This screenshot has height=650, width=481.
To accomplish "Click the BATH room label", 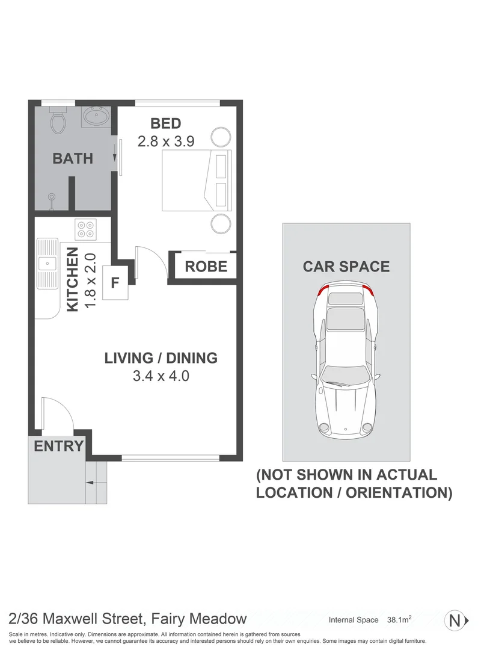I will point(73,159).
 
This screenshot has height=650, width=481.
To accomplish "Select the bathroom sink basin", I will point(94,116).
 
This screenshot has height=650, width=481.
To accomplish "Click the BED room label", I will point(166,124).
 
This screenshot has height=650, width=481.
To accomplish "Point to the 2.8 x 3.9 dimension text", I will point(166,142).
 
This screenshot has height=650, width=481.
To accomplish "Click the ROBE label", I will point(206,266).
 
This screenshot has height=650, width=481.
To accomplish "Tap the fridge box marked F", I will point(115,282).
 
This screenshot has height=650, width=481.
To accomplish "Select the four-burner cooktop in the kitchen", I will point(85,229).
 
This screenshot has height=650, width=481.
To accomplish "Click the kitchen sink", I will point(46,263).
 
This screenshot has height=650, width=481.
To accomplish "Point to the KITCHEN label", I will point(72,279).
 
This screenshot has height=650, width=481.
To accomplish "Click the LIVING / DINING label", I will point(161,359).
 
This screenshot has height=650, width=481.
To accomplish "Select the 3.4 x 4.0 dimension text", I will point(161,377).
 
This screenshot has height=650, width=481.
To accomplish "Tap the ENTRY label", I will point(58,447).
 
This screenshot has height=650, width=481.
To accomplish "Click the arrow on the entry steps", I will point(90,482).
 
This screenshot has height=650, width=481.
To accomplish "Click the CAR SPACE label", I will point(346,267).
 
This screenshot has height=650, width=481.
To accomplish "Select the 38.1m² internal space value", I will point(399,620).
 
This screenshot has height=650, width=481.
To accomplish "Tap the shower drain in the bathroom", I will point(53,196).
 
